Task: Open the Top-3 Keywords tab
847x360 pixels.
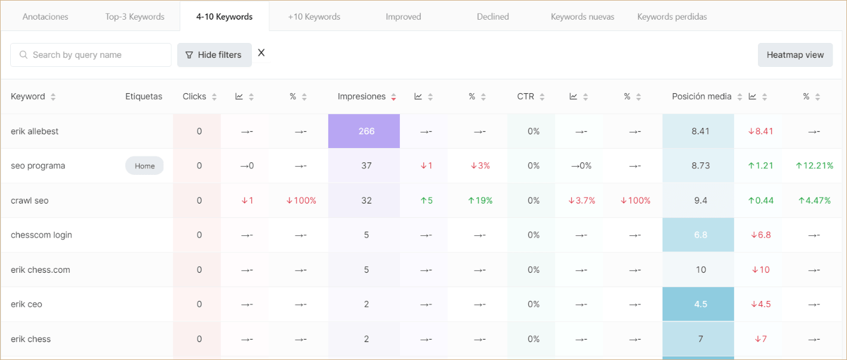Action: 135,17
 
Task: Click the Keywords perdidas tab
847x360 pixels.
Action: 672,17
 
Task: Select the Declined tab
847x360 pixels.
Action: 492,17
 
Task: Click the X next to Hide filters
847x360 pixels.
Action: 261,53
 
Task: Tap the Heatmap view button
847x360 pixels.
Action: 795,55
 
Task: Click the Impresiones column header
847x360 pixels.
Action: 362,97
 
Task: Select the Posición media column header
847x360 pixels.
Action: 701,97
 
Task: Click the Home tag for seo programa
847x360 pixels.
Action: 144,166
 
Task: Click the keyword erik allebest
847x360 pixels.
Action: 35,131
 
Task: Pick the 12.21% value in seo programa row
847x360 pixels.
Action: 814,166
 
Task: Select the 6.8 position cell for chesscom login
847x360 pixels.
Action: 700,235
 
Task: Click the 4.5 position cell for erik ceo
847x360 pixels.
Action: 700,304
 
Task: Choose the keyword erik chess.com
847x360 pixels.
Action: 41,270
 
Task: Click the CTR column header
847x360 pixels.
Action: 525,97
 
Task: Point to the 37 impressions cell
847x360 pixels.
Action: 366,166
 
